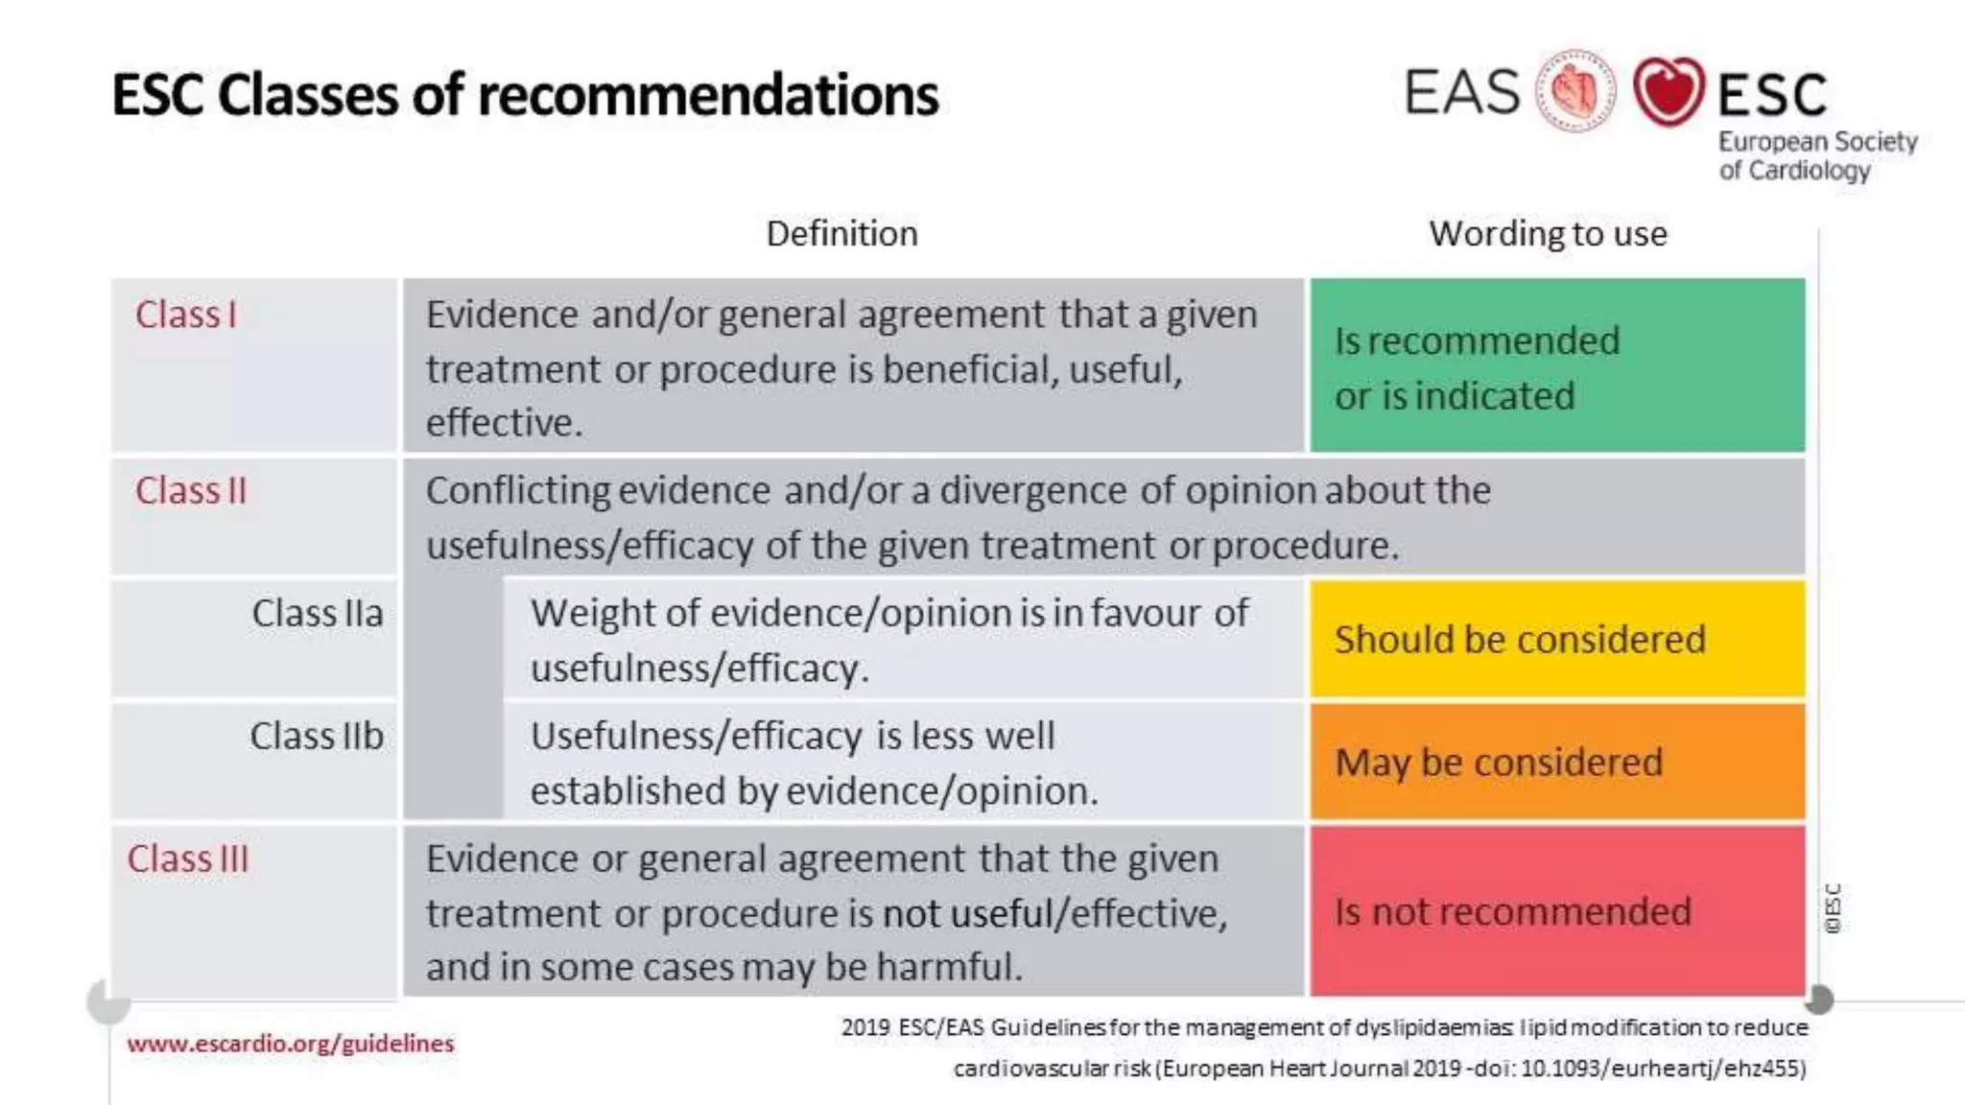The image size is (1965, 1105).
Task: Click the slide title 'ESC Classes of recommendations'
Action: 525,95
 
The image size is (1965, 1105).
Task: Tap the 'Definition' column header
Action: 841,234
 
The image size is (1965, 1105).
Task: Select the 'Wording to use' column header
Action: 1548,234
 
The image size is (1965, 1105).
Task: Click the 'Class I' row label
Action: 185,315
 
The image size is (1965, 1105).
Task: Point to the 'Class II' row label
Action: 191,491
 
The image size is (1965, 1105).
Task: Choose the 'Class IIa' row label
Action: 317,614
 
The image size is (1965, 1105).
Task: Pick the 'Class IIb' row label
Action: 317,737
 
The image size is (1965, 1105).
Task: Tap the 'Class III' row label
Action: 188,859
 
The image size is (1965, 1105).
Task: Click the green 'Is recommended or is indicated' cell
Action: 1556,365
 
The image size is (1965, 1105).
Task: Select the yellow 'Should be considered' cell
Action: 1556,639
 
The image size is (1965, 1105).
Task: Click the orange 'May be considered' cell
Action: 1556,763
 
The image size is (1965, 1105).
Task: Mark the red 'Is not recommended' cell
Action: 1556,911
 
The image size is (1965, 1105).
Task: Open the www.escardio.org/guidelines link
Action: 290,1044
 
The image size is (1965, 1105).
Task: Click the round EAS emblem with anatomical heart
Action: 1575,91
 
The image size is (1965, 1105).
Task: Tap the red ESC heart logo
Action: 1669,91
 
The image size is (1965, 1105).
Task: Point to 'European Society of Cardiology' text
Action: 1816,155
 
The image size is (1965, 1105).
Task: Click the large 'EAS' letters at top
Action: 1462,92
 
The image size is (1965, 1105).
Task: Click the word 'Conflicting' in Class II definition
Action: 518,491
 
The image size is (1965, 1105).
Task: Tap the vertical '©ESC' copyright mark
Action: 1833,908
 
